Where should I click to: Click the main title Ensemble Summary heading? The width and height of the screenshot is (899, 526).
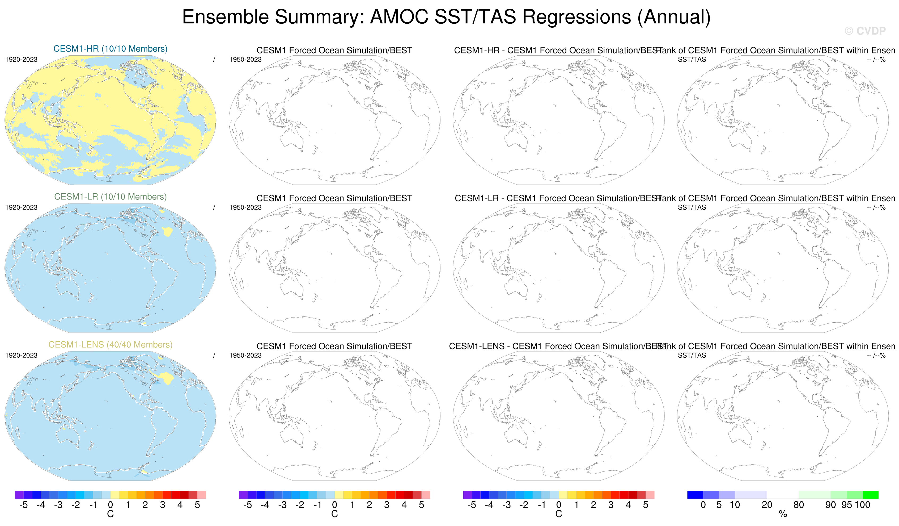pos(446,17)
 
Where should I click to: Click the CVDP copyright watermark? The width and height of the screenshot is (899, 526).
pos(865,31)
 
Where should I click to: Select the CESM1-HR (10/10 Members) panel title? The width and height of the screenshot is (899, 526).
pos(110,49)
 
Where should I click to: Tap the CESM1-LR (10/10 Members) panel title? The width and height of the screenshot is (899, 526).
pos(110,197)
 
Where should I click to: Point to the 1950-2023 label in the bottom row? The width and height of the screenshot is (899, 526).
pos(245,355)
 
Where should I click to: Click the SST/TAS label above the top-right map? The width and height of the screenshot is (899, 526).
pos(692,59)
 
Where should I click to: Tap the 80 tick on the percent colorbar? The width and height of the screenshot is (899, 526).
pos(798,504)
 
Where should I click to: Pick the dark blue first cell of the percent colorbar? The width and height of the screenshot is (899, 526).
pos(695,495)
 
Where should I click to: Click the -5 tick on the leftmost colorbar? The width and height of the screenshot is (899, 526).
pos(23,504)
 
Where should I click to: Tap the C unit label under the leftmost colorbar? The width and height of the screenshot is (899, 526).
pos(110,514)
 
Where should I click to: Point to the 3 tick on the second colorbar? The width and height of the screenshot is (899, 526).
pos(387,504)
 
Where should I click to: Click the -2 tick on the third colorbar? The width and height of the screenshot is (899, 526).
pos(524,504)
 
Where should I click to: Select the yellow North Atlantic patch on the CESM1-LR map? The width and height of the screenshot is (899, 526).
pos(167,232)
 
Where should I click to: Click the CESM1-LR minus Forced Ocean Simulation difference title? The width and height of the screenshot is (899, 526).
pos(558,198)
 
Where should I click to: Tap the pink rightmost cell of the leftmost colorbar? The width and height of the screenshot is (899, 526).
pos(202,495)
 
